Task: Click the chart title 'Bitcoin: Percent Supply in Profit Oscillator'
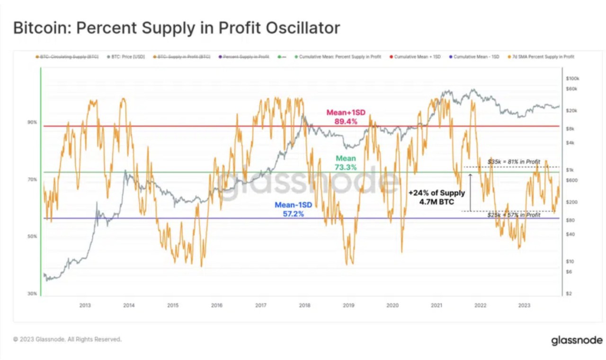[176, 28]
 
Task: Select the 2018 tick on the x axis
[304, 305]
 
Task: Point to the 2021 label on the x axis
[436, 305]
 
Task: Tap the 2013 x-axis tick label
[85, 305]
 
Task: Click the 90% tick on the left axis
[32, 122]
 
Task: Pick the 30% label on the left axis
[32, 294]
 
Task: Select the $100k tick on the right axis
[572, 78]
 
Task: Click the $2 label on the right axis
[569, 294]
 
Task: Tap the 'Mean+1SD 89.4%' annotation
[346, 117]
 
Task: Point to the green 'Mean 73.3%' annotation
[346, 163]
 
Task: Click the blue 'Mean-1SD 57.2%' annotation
[293, 210]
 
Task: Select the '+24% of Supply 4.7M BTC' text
[437, 197]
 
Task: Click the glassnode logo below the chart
[577, 341]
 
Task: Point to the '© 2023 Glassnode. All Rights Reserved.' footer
[67, 339]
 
